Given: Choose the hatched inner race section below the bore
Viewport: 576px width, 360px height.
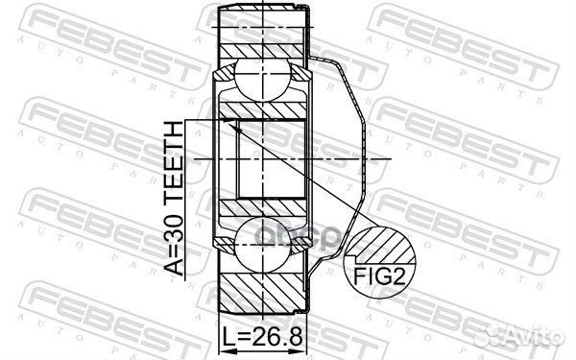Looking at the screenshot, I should point(264,208).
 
